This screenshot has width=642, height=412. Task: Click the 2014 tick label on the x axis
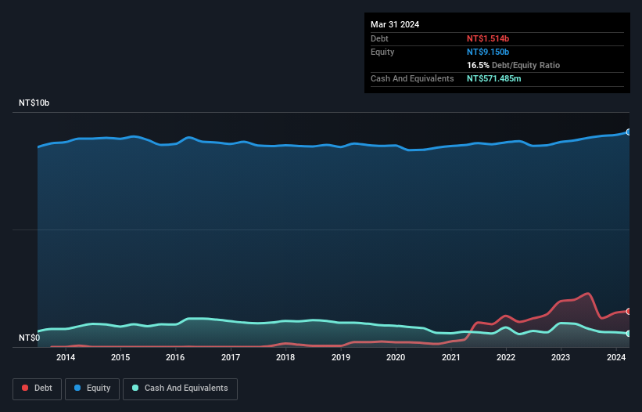(x=66, y=358)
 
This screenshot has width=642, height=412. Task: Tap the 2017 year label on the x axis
(x=231, y=358)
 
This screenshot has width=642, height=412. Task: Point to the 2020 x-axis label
(x=396, y=358)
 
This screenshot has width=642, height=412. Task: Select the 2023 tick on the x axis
(x=561, y=358)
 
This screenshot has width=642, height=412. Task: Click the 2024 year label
(x=615, y=358)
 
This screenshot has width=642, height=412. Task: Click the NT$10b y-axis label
(x=34, y=103)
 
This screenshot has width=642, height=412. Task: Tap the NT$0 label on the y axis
(x=29, y=338)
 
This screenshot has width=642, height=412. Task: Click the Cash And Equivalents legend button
(x=180, y=389)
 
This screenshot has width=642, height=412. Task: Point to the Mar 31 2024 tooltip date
(x=395, y=24)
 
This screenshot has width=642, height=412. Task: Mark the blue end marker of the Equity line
(x=629, y=132)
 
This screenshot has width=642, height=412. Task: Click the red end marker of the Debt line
(x=629, y=312)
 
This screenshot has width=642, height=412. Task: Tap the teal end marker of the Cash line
(x=629, y=334)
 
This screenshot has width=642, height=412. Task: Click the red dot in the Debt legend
(x=25, y=389)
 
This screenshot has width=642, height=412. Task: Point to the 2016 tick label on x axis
(x=176, y=358)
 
